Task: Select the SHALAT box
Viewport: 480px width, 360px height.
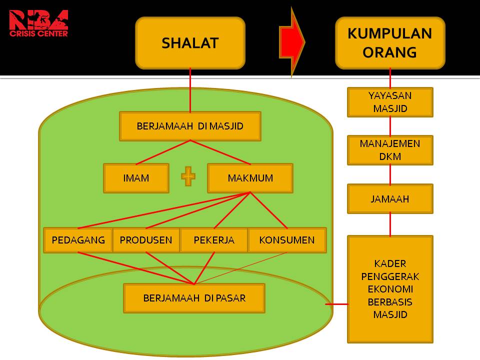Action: click(x=190, y=43)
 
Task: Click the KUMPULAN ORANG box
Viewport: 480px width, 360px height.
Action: click(x=390, y=43)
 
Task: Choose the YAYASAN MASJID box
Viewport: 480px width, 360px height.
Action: click(x=390, y=102)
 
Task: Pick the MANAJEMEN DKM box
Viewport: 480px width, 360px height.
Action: click(x=390, y=150)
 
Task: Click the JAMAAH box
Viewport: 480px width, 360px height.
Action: click(x=390, y=198)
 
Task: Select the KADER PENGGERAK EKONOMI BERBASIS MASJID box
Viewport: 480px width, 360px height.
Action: click(x=390, y=289)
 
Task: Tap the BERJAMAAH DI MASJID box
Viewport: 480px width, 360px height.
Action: click(x=190, y=126)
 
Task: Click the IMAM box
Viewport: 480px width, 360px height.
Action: click(x=136, y=178)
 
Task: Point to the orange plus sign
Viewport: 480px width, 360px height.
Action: click(x=188, y=177)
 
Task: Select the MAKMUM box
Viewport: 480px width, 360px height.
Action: click(x=250, y=178)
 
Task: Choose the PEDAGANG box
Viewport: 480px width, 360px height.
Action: click(x=78, y=240)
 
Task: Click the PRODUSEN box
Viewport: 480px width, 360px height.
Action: click(x=146, y=240)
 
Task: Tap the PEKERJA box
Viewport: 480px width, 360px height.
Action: click(x=214, y=240)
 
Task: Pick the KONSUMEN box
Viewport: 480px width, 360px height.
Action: click(x=287, y=240)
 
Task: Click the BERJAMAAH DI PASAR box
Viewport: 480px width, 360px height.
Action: click(x=194, y=298)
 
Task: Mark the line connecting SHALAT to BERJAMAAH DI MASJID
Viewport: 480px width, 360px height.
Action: click(x=190, y=90)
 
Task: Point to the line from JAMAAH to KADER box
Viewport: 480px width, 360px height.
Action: click(x=390, y=224)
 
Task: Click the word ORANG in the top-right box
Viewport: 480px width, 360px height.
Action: click(x=390, y=52)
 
